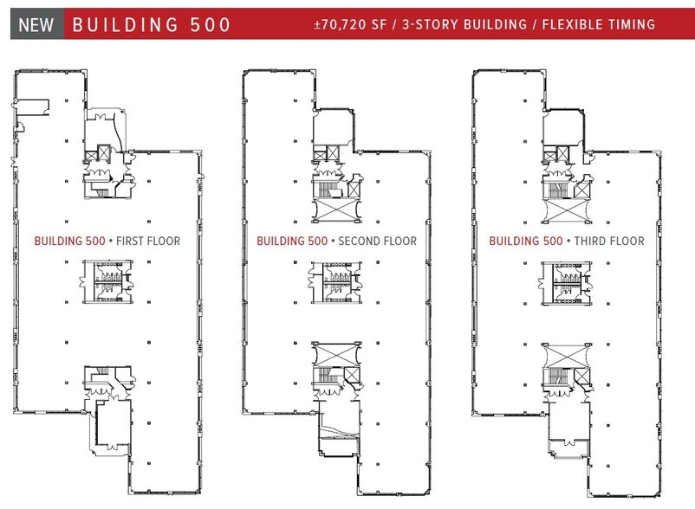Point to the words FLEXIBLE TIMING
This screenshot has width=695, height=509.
[598, 24]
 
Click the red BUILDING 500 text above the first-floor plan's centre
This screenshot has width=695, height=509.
[69, 241]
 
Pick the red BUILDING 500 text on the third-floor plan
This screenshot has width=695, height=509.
[524, 241]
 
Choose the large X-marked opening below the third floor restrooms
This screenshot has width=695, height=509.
[565, 354]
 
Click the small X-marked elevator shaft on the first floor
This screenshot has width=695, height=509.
[103, 153]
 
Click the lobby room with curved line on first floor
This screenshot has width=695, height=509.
[107, 126]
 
